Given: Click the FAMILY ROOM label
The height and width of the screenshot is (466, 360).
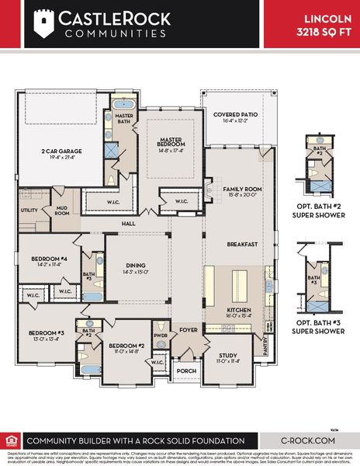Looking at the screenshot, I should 241,189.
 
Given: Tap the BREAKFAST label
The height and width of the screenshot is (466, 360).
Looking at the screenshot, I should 242,244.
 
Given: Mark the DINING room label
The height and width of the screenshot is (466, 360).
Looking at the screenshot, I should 137,266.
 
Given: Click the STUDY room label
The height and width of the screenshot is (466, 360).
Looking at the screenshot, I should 227,356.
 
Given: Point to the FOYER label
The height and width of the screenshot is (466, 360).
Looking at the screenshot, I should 189,329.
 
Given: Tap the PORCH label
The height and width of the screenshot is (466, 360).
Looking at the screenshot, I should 186,370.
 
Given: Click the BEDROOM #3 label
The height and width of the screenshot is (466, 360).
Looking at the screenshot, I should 44,335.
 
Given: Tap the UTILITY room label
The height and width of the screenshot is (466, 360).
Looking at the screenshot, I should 29,210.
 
